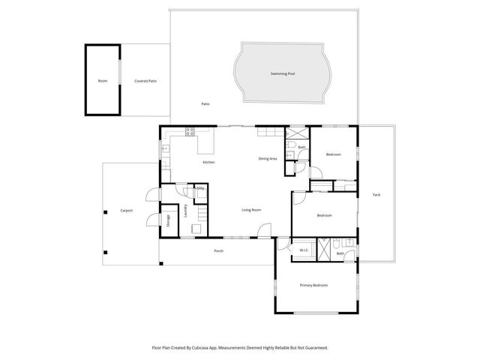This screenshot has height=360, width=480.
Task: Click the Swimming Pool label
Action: coord(283,73)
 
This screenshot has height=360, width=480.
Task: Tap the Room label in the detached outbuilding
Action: coord(102,80)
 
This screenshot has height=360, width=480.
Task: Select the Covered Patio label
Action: coord(145,80)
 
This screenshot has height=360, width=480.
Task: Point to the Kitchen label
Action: coord(208,162)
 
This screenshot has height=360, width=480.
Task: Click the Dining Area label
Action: coord(268,158)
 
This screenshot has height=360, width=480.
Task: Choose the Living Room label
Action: coord(250,209)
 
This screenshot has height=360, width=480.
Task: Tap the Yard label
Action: coord(376,194)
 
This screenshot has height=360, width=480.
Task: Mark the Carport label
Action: coord(127,210)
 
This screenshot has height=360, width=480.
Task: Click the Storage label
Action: coord(169,219)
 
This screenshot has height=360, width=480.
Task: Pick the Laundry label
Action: coord(185,211)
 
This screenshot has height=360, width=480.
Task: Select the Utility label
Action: coord(200,188)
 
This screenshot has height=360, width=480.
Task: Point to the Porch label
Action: coord(218,250)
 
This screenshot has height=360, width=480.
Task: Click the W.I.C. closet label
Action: coord(304,250)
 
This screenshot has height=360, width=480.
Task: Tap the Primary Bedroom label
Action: coord(313,285)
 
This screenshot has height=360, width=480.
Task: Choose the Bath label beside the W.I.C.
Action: coord(340,253)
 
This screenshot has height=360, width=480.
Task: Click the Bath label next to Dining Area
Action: coord(301,147)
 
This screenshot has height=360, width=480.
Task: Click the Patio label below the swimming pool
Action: coord(205,103)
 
